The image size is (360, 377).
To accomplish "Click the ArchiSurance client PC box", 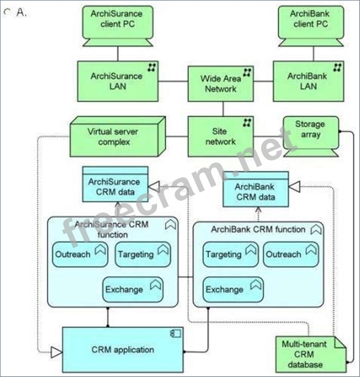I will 117,20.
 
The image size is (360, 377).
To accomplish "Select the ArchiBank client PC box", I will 310,20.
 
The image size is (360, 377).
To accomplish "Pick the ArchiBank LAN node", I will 308,81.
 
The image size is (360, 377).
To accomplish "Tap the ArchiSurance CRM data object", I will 115,187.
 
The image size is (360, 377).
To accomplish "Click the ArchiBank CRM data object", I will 255,192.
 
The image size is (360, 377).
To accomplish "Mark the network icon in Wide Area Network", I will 247,73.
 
